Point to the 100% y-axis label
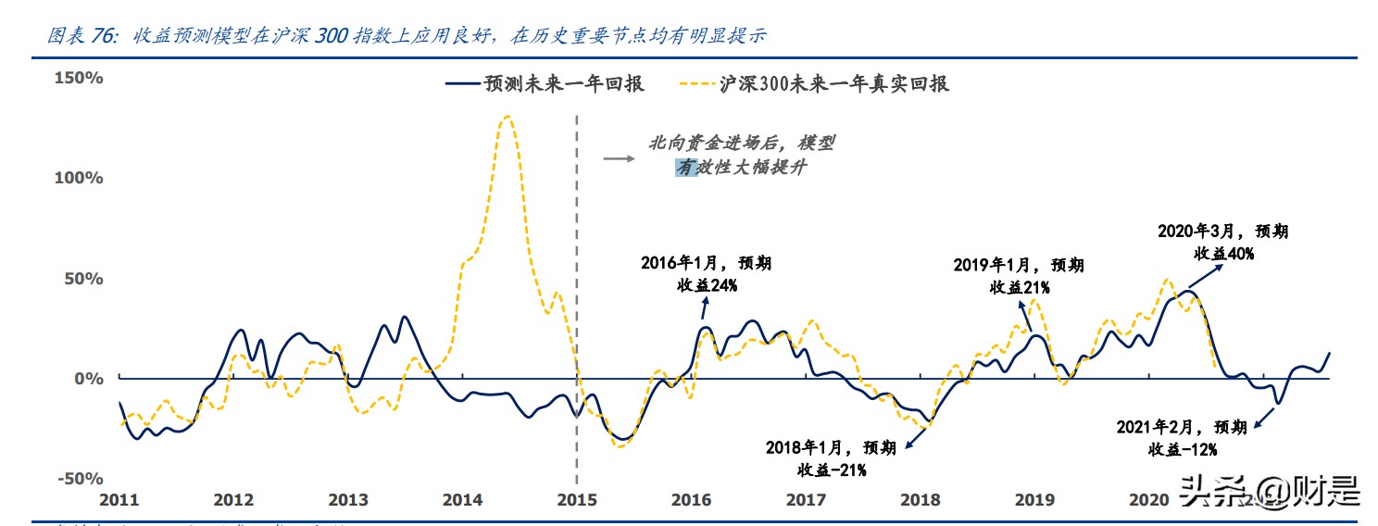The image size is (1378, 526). (x=78, y=177)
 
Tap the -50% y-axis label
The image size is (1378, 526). (x=78, y=479)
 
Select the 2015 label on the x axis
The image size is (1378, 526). (x=576, y=500)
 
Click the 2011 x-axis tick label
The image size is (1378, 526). (x=119, y=500)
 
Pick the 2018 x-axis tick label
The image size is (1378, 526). (x=920, y=500)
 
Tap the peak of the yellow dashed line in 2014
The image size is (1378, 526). (x=506, y=117)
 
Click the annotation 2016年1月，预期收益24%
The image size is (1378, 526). (x=706, y=274)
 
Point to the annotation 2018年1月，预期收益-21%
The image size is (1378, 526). (x=831, y=458)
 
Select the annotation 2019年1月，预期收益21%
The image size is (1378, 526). (x=1019, y=276)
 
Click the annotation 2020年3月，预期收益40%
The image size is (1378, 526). (x=1222, y=242)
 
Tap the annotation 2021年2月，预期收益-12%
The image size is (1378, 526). (x=1183, y=438)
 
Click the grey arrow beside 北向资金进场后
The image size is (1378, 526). (x=618, y=158)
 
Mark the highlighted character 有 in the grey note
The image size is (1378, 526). (x=685, y=169)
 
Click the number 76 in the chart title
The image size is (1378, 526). (x=101, y=36)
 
